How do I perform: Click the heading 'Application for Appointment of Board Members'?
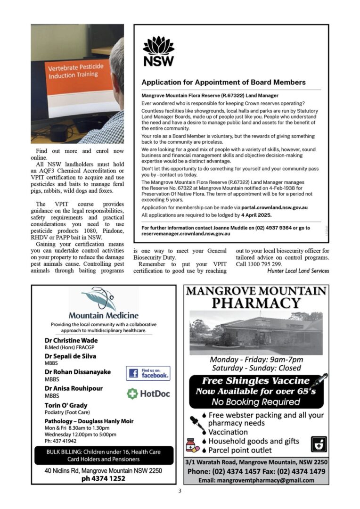coord(223,82)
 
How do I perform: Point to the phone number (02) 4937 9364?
coord(273,228)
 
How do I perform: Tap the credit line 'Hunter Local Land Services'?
coord(298,271)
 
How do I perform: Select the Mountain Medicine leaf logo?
coord(99,299)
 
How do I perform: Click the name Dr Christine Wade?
coord(71,340)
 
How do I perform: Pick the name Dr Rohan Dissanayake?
coord(78,372)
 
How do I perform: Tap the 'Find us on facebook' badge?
coord(148,374)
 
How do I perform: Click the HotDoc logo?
coord(148,394)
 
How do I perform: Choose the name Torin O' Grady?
coord(66,405)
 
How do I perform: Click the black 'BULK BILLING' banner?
coord(104,455)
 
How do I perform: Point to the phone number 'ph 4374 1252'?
coord(104,478)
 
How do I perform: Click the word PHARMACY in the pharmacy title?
coord(256,303)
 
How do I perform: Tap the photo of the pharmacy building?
coord(256,332)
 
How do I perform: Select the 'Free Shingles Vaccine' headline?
coord(256,381)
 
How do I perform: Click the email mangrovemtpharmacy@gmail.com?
coord(256,480)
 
